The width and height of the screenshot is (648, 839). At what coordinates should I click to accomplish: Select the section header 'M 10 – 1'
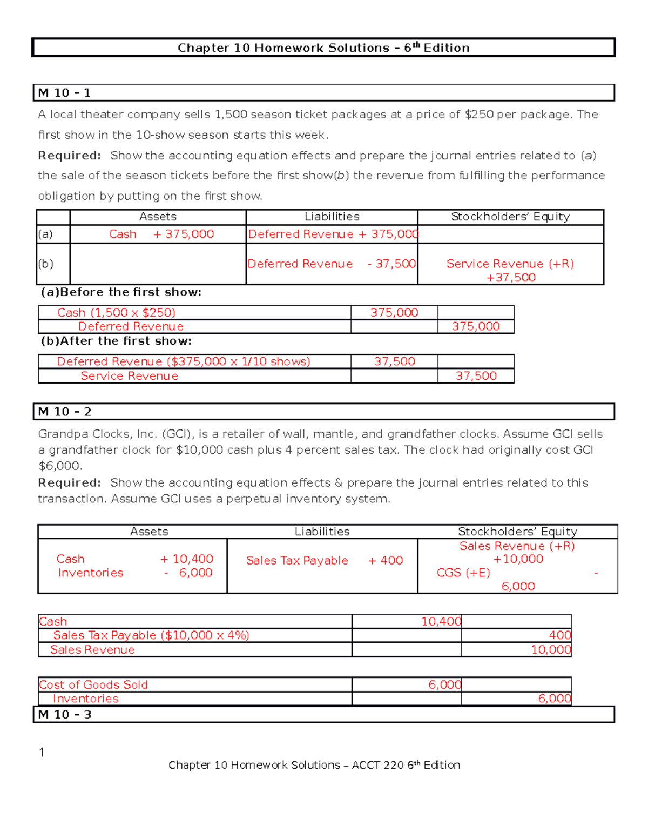64,93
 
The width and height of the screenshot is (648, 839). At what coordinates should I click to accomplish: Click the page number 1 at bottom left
42,752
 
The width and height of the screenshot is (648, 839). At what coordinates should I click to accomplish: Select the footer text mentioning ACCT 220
314,765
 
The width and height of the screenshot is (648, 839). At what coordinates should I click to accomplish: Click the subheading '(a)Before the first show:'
121,292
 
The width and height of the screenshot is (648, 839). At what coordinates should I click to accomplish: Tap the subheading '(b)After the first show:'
116,341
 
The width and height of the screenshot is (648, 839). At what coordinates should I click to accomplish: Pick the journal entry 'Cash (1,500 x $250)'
116,313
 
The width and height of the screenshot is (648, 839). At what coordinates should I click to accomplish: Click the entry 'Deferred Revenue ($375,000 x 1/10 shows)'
184,361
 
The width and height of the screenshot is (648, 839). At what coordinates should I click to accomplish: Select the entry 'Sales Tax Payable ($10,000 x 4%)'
151,635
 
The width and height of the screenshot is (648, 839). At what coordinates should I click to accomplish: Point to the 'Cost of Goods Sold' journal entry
93,684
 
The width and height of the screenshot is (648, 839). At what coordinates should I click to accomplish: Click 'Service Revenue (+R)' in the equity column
510,264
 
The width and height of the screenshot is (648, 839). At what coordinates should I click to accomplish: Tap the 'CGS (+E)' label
463,573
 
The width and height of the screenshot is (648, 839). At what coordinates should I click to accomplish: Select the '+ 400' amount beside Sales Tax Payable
386,561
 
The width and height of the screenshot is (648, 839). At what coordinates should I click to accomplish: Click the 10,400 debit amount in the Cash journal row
441,621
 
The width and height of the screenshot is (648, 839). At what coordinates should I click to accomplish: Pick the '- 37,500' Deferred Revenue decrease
391,264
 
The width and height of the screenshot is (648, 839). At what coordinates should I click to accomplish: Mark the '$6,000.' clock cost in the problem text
60,466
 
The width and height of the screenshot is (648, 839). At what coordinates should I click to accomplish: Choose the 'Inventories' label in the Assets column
91,573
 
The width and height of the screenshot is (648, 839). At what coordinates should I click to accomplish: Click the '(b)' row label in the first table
46,264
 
